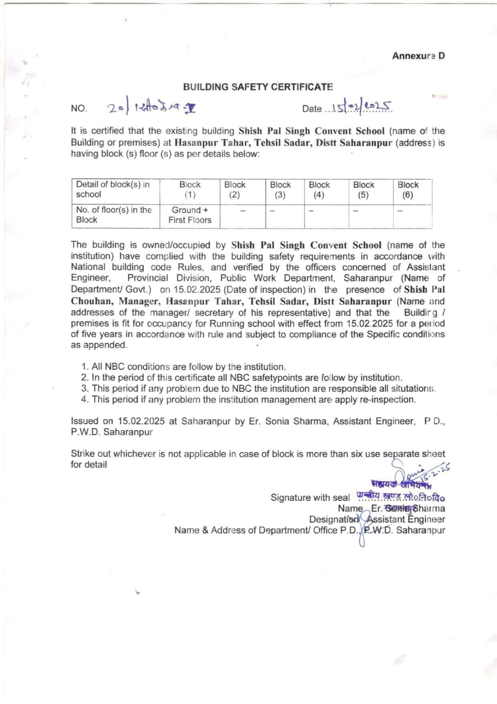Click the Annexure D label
418,56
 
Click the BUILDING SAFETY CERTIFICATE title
258,87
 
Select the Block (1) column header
190,190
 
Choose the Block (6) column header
408,190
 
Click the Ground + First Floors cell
190,215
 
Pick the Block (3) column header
280,190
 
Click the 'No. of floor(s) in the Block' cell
114,215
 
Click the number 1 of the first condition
84,367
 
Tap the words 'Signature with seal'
310,498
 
